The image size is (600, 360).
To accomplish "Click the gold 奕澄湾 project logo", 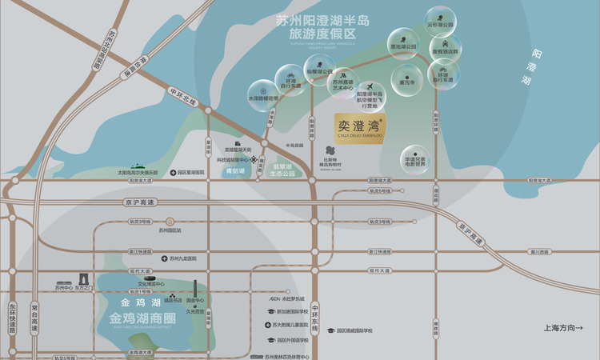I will click(360, 128).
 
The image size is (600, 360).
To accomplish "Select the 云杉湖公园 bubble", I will click(440, 19).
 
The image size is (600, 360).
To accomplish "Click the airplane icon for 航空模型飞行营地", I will click(369, 88).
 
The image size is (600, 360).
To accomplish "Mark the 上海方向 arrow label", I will click(569, 327).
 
